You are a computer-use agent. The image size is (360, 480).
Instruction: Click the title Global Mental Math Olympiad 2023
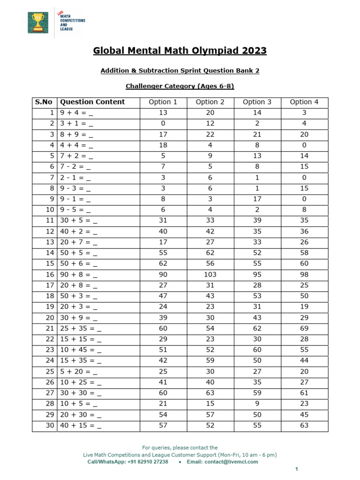[180, 51]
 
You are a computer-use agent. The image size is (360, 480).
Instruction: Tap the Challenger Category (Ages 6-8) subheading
[180, 86]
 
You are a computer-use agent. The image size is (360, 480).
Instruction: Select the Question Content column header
[92, 102]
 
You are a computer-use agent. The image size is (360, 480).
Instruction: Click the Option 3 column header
[257, 102]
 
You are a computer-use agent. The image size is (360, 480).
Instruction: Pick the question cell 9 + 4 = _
[76, 113]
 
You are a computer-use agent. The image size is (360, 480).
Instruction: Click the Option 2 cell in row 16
[210, 275]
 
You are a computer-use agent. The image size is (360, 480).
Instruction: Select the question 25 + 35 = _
[81, 329]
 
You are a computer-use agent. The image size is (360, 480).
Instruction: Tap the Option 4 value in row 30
[304, 426]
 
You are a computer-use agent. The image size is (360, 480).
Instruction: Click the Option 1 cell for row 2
[163, 124]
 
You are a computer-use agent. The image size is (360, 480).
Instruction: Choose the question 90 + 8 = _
[79, 275]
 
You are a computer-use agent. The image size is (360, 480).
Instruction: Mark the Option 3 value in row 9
[257, 199]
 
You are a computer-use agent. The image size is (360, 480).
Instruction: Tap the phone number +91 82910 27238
[144, 462]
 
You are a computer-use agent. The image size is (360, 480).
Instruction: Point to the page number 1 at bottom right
[296, 469]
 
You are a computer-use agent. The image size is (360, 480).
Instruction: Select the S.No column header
[44, 102]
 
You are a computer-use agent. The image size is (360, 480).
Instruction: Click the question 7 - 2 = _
[76, 167]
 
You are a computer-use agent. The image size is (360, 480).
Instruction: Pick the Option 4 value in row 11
[304, 221]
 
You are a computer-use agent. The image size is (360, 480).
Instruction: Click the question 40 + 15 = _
[81, 426]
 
